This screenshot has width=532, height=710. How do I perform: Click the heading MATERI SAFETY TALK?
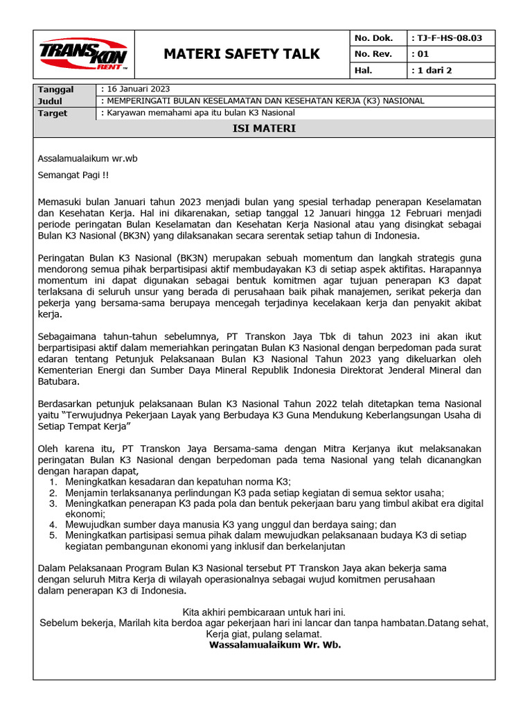click(x=241, y=54)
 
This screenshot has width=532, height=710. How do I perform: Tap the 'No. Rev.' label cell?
click(x=373, y=54)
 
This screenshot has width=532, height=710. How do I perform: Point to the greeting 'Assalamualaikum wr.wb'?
click(x=87, y=158)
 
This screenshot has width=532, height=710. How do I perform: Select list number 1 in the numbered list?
click(x=53, y=481)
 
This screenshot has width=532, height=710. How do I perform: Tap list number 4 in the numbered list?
click(x=53, y=525)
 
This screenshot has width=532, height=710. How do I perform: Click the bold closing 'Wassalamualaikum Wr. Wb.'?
click(x=275, y=644)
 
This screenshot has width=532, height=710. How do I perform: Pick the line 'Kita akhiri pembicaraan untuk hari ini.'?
click(x=263, y=612)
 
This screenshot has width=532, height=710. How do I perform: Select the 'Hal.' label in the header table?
click(x=364, y=70)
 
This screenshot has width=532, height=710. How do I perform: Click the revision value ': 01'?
click(x=420, y=54)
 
